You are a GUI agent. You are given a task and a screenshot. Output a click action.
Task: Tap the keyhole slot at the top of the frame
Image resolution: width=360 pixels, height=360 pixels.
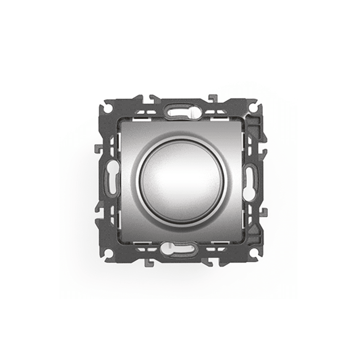click(180, 110)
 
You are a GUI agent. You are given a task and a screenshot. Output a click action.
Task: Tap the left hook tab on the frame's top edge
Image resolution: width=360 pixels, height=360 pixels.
click(148, 96)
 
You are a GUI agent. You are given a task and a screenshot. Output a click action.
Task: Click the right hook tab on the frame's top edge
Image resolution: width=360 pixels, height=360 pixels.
click(212, 96)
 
